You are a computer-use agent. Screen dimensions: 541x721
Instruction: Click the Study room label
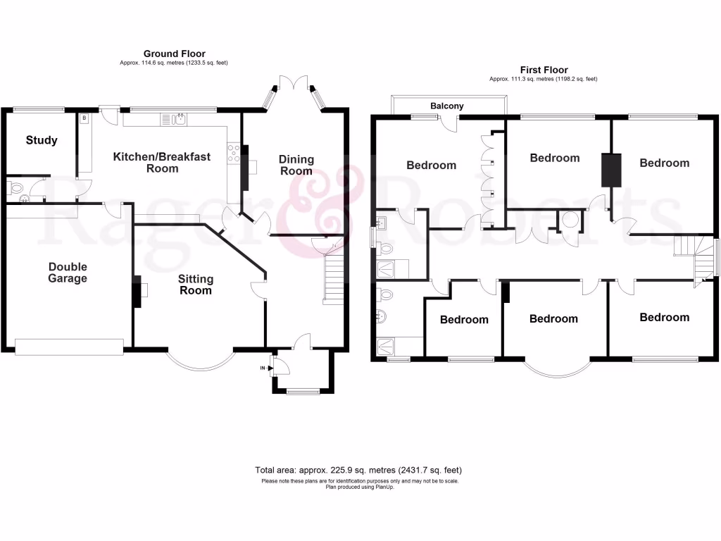click(42, 140)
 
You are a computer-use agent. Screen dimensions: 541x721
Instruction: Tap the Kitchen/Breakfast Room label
click(162, 163)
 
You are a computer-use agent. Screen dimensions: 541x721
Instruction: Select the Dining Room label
click(296, 165)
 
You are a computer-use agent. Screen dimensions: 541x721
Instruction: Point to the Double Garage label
click(68, 273)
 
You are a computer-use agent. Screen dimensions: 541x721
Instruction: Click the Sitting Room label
click(195, 285)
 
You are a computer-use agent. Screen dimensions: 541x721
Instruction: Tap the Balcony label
click(447, 106)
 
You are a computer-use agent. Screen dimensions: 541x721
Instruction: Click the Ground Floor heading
click(174, 54)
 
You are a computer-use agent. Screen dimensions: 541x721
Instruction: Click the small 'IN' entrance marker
click(263, 368)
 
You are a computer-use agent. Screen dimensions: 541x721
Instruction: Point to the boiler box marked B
click(84, 118)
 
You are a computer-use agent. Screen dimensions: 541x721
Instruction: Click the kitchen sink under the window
click(181, 119)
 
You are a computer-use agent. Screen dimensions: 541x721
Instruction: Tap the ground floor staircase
click(334, 278)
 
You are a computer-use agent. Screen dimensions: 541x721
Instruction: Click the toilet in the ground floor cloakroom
click(15, 188)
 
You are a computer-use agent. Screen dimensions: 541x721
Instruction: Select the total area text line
click(359, 470)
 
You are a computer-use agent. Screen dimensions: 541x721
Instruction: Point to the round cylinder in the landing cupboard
click(570, 220)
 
